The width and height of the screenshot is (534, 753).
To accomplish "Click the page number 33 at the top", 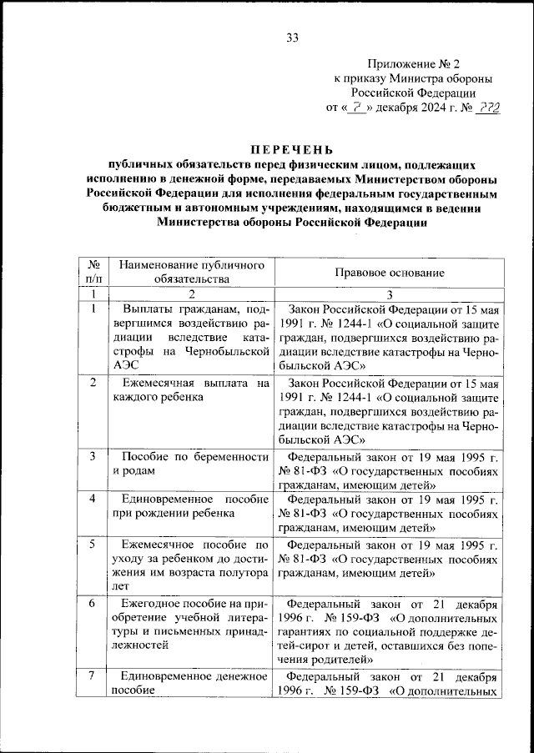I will pos(292,37).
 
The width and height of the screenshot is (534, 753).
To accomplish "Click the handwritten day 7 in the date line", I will pos(357,108).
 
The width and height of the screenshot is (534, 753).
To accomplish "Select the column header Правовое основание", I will pos(390,273).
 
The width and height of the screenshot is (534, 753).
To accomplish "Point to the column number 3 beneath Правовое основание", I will pos(389,294).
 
